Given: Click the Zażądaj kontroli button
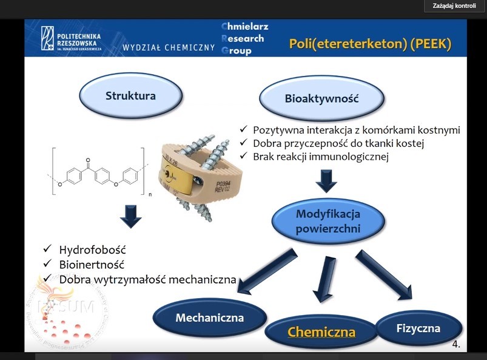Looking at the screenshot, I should coord(454,6).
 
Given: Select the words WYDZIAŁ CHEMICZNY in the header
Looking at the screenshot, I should coord(169,47).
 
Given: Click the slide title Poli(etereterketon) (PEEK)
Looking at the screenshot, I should coord(370,44).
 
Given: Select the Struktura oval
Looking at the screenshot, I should coord(130,96).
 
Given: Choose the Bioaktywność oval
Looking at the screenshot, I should coord(321,98).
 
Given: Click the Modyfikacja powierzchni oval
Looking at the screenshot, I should coord(327,222).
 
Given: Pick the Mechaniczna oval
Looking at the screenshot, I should coord(209,318).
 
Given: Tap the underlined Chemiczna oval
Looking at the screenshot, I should coord(321,331).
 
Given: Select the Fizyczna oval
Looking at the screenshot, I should coord(418,328).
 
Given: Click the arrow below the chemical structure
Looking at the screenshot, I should coord(130,216).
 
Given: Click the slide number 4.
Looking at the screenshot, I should coord(455,344).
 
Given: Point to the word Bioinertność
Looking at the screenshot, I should coord(92,265).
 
